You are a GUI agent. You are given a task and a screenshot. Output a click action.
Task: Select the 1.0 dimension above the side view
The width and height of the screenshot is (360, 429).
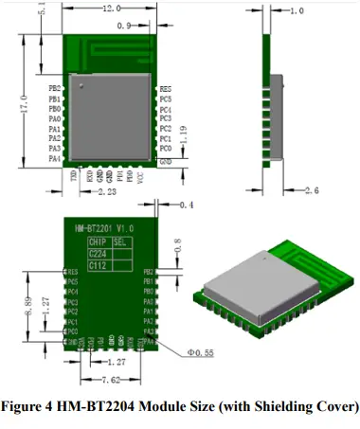tap(297, 11)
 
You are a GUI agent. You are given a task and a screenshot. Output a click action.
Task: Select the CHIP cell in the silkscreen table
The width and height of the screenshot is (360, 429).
tap(99, 242)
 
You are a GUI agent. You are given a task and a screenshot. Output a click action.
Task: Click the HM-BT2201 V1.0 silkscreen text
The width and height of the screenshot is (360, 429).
tap(106, 228)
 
